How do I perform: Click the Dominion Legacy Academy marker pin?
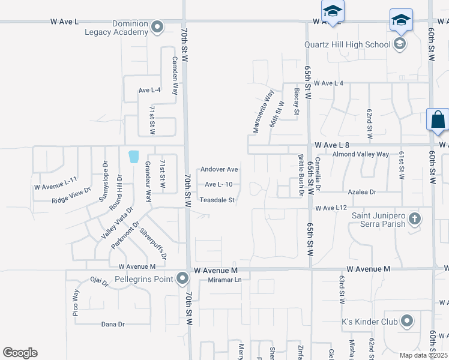click(x=158, y=27)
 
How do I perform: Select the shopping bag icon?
click(x=438, y=119)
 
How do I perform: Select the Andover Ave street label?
click(x=219, y=169)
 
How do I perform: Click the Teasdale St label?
click(x=217, y=200)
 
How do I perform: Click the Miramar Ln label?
click(x=224, y=280)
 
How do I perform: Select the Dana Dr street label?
click(x=112, y=324)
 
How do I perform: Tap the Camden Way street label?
click(x=175, y=76)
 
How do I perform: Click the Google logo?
click(x=20, y=353)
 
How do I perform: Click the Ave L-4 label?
click(x=149, y=90)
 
